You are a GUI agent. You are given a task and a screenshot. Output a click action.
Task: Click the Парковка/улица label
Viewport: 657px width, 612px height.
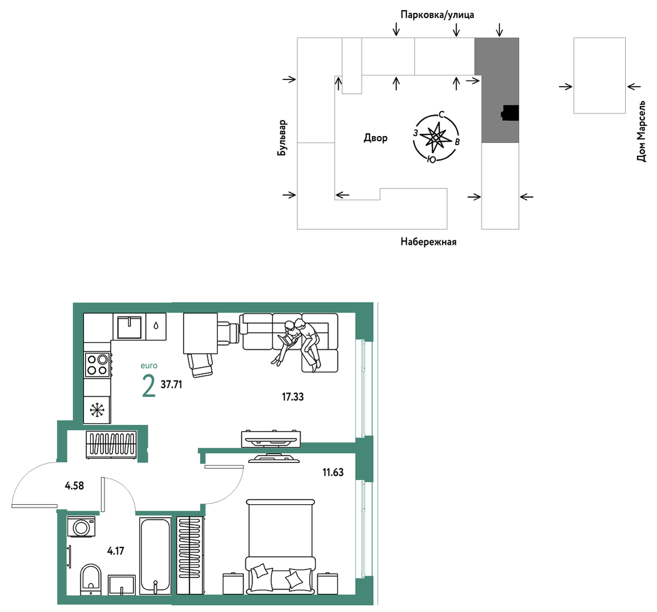point(437,15)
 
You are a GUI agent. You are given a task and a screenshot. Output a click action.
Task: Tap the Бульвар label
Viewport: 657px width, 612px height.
point(282,138)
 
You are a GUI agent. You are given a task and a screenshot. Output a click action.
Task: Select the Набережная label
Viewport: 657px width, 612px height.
point(428,242)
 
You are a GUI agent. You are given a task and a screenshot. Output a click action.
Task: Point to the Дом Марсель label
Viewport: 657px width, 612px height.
point(641,131)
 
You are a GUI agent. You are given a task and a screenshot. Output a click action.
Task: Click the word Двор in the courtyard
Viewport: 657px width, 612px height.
point(376,138)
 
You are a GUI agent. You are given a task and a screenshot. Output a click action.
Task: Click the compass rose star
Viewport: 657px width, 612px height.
point(436,137)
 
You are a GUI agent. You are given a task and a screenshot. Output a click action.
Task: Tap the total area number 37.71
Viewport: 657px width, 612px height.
point(171,384)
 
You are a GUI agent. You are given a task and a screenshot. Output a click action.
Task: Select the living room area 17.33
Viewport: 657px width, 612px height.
point(292,396)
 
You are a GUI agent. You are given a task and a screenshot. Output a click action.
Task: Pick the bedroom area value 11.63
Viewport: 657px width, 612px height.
point(332,472)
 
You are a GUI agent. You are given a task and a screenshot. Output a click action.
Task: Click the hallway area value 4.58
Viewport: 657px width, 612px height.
point(74,486)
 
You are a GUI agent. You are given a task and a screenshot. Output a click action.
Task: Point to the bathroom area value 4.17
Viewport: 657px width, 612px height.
point(115,550)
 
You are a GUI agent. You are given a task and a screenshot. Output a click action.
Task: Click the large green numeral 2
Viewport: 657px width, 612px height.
point(149,386)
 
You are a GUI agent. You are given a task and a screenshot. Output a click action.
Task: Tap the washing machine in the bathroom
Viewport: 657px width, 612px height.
point(81,526)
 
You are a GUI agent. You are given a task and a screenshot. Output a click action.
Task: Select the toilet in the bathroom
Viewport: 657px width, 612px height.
point(91,579)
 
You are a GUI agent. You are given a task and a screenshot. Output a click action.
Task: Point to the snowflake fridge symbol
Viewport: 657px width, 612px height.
point(97,410)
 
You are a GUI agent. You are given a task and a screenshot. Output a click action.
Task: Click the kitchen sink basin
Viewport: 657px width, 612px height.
point(129,327)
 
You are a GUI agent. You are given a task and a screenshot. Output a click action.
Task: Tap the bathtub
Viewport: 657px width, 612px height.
point(155,556)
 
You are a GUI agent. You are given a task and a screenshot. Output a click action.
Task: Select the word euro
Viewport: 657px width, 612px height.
point(149,366)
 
